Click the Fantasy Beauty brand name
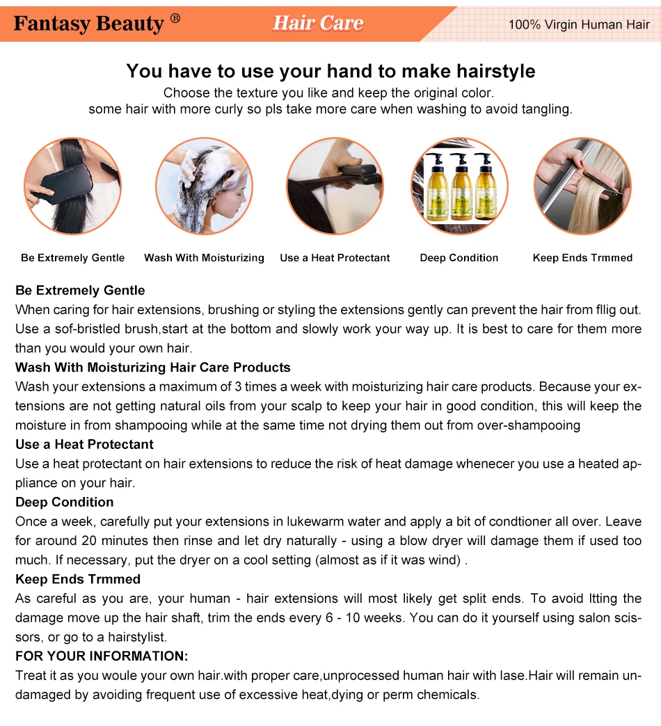[x=89, y=24]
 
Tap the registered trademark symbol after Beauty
[x=175, y=19]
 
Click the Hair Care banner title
[x=318, y=23]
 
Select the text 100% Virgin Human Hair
[x=579, y=24]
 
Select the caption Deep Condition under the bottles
[x=459, y=258]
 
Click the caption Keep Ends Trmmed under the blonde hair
[x=583, y=258]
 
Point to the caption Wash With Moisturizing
[x=204, y=258]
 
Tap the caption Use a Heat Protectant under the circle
[x=335, y=258]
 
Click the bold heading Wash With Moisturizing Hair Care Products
[x=153, y=367]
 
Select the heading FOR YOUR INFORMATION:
[x=102, y=656]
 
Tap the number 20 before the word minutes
[x=90, y=541]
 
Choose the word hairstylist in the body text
[x=136, y=637]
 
